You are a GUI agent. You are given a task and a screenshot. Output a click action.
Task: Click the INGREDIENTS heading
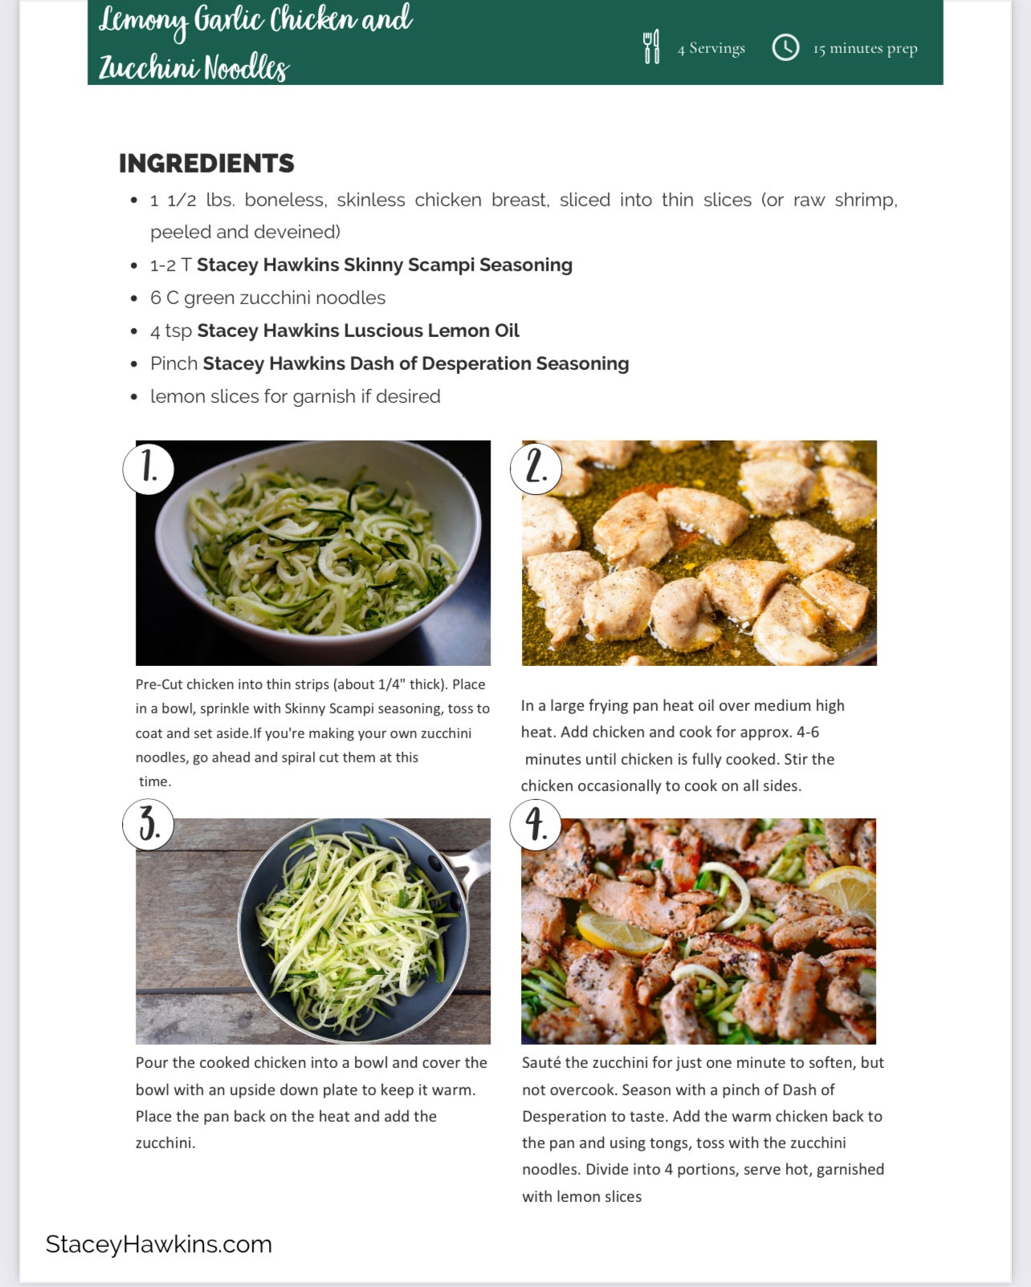[x=206, y=163]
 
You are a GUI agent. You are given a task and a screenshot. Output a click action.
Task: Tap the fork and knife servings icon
[x=651, y=47]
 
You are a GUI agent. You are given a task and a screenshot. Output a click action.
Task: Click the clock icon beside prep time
[x=785, y=47]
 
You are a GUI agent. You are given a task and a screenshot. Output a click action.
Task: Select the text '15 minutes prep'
[x=865, y=48]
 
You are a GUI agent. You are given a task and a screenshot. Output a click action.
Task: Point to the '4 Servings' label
[x=711, y=48]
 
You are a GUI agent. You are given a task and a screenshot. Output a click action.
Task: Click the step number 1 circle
[x=149, y=467]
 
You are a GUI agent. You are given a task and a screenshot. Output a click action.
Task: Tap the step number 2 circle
[x=536, y=468]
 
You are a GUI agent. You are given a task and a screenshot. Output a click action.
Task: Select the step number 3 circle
[x=149, y=824]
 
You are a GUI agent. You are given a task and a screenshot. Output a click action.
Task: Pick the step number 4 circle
[x=536, y=824]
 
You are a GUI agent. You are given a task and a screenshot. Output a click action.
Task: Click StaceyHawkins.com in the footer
[x=158, y=1244]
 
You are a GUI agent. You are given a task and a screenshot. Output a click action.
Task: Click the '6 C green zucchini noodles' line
[x=267, y=298]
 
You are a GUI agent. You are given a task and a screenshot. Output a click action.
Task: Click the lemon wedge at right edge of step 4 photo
[x=846, y=887]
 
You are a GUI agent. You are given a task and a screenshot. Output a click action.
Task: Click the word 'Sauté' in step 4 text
[x=541, y=1062]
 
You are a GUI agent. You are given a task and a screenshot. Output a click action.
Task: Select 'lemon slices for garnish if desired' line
[x=295, y=396]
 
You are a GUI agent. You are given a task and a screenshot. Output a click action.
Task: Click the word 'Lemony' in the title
[x=143, y=19]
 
